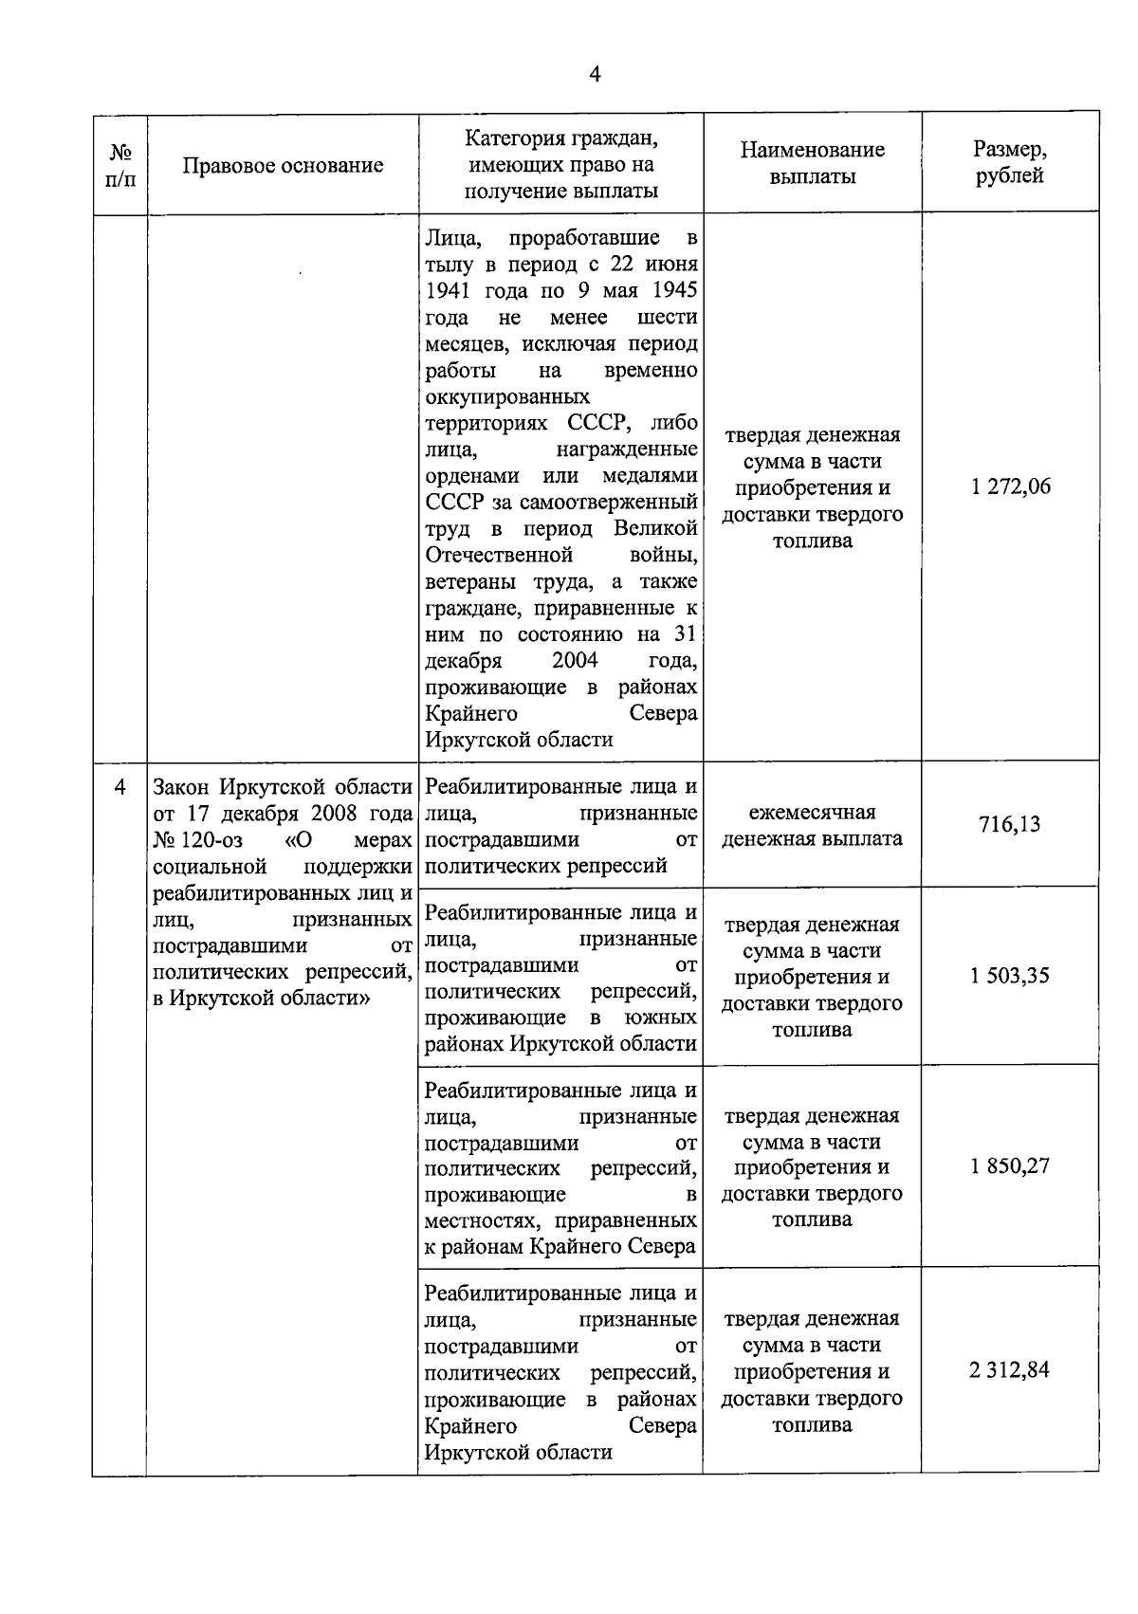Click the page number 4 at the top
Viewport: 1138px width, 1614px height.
coord(595,75)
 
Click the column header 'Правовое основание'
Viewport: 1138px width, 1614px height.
coord(283,165)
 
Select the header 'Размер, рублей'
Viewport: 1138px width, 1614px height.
coord(1010,162)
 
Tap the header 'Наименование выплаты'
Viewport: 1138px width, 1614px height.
coord(812,162)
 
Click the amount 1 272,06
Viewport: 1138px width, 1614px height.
coord(1010,487)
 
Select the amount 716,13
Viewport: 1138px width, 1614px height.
coord(1010,824)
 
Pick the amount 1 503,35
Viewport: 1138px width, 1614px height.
coord(1010,976)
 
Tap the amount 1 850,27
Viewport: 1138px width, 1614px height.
coord(1010,1165)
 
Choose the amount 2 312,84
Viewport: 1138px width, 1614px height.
coord(1010,1370)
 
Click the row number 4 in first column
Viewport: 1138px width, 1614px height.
coord(119,786)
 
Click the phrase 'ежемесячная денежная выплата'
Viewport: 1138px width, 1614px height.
coord(812,825)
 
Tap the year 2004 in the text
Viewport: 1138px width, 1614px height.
coord(575,660)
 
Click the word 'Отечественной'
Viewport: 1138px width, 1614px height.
coord(499,554)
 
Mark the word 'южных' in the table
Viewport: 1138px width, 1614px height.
coord(660,1018)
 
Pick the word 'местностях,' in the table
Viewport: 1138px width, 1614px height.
coord(485,1220)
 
